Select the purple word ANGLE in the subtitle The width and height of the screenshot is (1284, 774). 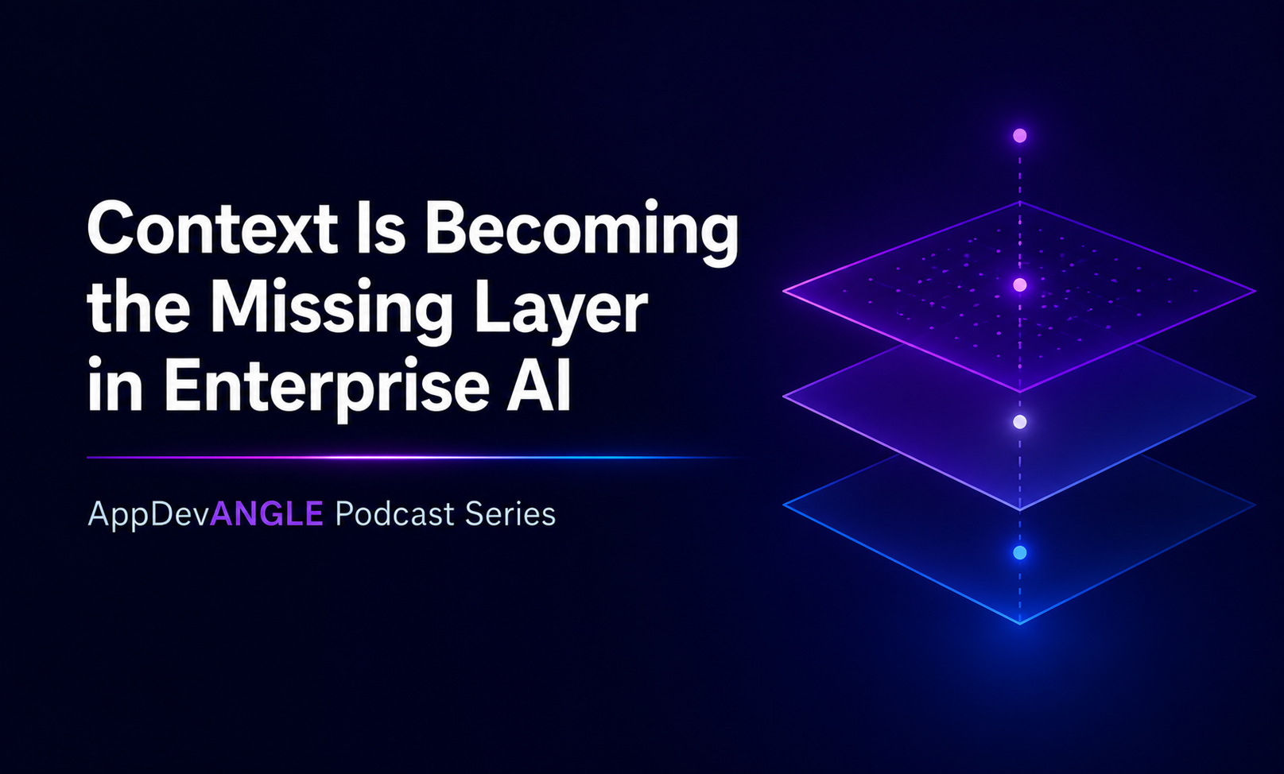point(266,513)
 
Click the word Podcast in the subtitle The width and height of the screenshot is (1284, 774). point(394,513)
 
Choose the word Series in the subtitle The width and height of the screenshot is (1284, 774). point(510,513)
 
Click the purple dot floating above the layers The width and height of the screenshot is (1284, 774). point(1020,136)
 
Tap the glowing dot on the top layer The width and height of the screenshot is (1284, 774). point(1020,284)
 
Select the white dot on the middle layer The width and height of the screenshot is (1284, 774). point(1020,422)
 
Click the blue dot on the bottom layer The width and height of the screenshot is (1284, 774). point(1020,553)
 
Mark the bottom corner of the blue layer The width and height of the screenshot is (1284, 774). point(1020,623)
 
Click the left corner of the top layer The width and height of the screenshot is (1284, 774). point(784,291)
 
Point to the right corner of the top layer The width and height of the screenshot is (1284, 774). point(1255,291)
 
